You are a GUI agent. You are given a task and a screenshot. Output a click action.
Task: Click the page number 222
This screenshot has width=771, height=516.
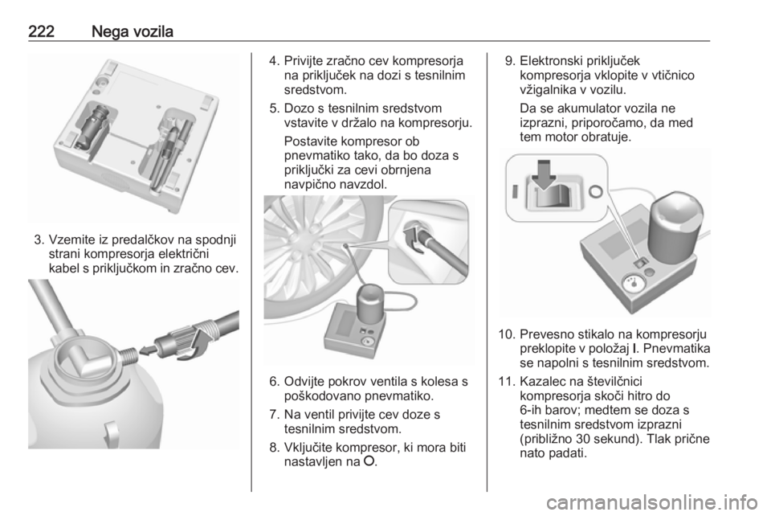41,31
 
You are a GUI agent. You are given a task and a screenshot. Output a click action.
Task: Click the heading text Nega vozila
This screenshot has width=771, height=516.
133,32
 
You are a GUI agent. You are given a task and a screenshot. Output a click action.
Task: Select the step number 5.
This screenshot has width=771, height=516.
274,109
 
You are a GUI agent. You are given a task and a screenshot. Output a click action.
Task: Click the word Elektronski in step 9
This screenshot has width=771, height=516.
556,61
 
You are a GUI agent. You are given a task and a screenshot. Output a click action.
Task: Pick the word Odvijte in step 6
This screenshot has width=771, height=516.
305,382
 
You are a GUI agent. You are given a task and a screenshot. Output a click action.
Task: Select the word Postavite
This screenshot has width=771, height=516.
311,141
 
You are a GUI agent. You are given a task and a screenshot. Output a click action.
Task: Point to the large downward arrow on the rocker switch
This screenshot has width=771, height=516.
544,174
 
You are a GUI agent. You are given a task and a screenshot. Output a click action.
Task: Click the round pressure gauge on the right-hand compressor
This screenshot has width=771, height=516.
632,285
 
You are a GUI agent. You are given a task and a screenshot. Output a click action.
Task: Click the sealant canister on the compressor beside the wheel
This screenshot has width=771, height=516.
372,303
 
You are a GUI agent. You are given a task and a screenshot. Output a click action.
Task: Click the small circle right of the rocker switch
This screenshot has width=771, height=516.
595,190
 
